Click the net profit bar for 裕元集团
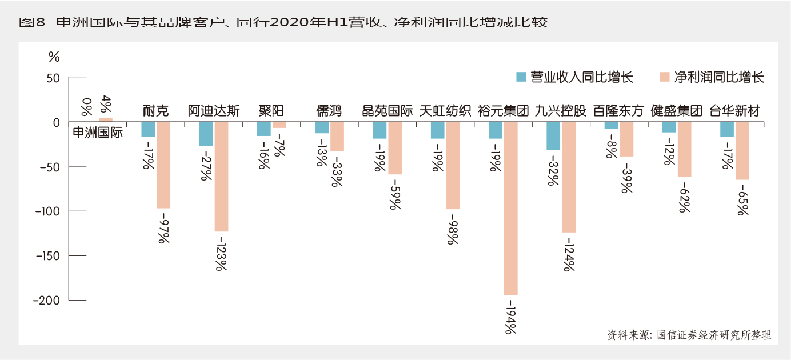click(510, 208)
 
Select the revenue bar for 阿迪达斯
click(206, 134)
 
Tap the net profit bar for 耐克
click(163, 165)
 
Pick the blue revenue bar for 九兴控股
click(553, 136)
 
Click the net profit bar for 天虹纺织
click(453, 165)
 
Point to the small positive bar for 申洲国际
click(106, 120)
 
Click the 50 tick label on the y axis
click(53, 78)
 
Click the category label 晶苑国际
click(387, 111)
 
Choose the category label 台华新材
click(734, 111)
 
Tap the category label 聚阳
click(271, 111)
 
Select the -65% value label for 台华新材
click(742, 199)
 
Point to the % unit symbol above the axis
click(54, 57)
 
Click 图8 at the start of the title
click(32, 22)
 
